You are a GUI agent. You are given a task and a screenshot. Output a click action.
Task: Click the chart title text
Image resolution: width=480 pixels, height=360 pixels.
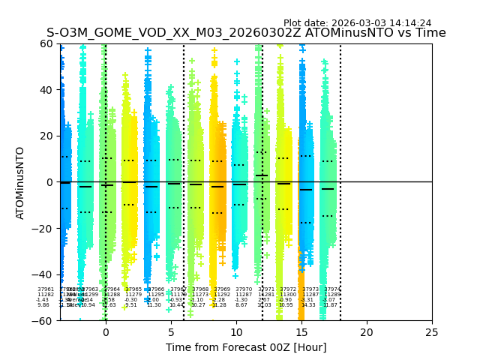[x=246, y=33]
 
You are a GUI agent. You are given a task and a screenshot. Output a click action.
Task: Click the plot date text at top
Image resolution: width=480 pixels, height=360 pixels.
[x=357, y=23]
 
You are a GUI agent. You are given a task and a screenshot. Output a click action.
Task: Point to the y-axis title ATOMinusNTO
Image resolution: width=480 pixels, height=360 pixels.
[x=20, y=182]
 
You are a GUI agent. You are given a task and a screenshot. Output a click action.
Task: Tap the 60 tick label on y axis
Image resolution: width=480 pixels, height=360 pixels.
[x=47, y=43]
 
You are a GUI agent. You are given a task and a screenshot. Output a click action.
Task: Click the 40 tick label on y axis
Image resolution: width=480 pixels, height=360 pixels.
[x=47, y=90]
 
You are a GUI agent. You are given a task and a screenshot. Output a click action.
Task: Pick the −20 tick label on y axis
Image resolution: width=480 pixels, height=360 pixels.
[x=44, y=228]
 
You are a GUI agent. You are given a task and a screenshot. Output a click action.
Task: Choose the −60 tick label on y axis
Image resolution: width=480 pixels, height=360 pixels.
[x=44, y=320]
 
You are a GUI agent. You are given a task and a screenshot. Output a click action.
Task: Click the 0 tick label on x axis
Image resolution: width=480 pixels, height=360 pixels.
[x=106, y=332]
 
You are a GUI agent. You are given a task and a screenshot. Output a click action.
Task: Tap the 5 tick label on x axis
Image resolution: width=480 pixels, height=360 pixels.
[x=171, y=332]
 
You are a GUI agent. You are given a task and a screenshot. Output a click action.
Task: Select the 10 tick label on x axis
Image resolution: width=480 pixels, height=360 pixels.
[x=236, y=332]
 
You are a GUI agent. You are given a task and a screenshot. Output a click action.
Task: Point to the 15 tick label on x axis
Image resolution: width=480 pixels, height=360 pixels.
[x=301, y=332]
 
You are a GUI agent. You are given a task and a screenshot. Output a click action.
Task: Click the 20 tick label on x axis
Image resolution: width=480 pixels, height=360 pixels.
[x=367, y=332]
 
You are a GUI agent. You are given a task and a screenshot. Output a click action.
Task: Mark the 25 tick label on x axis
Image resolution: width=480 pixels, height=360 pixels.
[x=432, y=332]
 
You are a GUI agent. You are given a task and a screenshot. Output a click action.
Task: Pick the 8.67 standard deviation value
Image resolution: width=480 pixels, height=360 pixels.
[x=241, y=305]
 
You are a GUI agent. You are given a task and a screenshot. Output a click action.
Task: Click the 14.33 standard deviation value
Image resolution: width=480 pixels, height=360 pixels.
[x=308, y=305]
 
